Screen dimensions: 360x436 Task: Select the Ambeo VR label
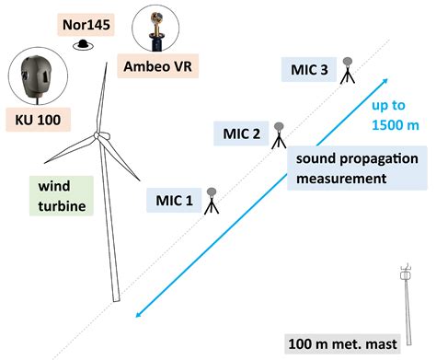[160, 67]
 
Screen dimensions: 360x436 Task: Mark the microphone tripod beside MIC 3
[349, 71]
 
